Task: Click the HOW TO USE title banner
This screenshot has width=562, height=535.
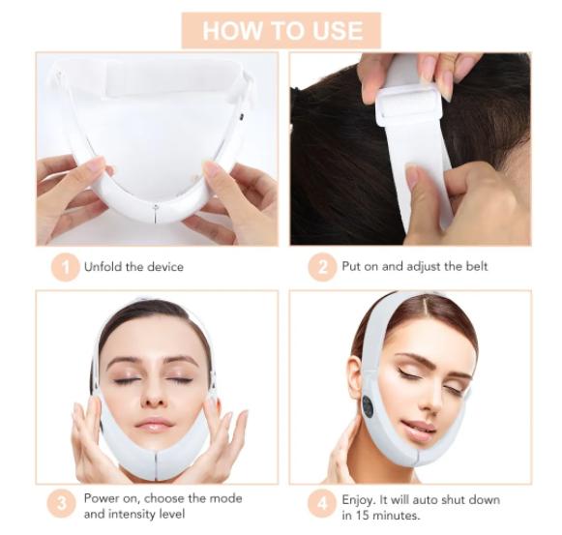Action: click(x=281, y=30)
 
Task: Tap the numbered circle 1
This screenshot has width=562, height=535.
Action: click(x=65, y=267)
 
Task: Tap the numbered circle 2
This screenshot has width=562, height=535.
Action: click(x=322, y=267)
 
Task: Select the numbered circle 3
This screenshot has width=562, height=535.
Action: click(x=65, y=505)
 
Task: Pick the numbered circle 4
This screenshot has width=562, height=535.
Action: click(x=322, y=505)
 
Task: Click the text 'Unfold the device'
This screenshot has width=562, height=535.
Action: click(x=133, y=267)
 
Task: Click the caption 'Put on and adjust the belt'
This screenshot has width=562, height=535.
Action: click(x=415, y=267)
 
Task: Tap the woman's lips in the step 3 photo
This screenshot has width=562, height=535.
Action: click(x=155, y=424)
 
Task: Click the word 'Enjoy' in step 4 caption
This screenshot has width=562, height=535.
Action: click(x=359, y=498)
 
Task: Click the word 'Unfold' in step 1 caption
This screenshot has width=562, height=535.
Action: click(x=104, y=267)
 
